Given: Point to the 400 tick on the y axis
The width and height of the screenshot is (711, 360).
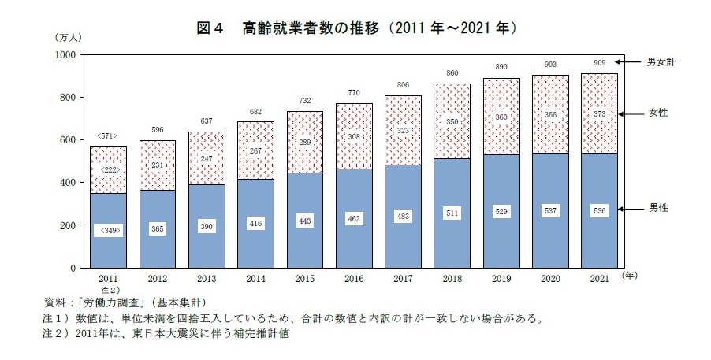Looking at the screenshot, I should click(67, 183).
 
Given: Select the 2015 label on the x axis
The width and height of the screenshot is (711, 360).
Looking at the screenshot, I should click(304, 279).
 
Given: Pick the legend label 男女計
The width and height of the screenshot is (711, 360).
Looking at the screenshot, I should click(661, 61).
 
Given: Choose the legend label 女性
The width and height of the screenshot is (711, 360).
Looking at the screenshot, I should click(658, 113).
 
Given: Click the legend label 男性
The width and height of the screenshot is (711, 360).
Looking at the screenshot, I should click(658, 209).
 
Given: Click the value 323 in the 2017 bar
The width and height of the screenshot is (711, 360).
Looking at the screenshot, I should click(402, 129).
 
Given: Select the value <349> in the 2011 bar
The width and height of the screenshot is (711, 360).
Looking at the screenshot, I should click(109, 231).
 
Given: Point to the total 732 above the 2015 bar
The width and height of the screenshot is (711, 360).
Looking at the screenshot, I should click(304, 101).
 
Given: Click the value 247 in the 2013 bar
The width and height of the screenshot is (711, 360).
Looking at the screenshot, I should click(207, 158).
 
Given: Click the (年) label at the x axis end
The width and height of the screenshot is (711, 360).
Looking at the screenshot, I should click(629, 276).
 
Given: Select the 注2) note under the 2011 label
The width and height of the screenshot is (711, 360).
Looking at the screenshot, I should click(109, 290).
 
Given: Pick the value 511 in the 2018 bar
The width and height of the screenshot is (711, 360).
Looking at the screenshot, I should click(451, 213).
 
